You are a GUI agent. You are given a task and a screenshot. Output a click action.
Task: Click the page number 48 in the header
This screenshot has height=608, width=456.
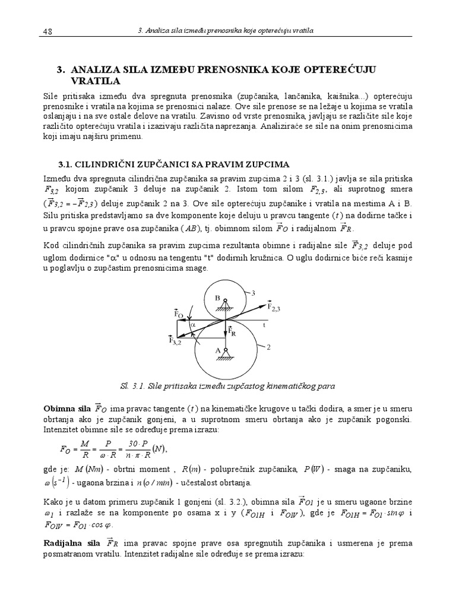pyautogui.click(x=48, y=30)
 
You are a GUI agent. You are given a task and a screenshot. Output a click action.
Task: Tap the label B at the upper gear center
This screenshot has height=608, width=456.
pyautogui.click(x=217, y=298)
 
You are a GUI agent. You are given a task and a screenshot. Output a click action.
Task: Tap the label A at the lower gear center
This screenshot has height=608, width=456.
pyautogui.click(x=217, y=351)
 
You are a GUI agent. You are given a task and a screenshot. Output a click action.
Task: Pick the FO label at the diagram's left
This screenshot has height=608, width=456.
pyautogui.click(x=179, y=313)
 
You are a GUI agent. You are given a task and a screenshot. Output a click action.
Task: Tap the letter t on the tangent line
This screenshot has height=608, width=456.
pyautogui.click(x=264, y=325)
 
